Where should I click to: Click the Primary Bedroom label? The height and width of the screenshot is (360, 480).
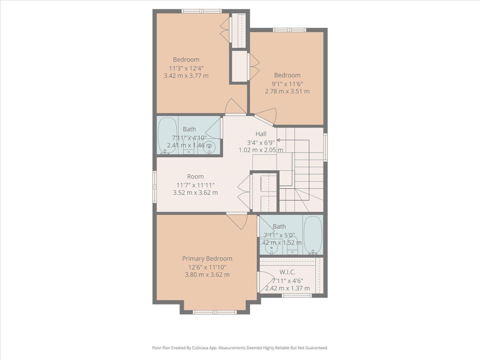207,259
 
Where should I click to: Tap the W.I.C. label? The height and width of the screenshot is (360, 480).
287,272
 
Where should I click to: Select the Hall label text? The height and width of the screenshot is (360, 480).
261,134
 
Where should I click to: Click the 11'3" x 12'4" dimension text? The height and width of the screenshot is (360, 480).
186,68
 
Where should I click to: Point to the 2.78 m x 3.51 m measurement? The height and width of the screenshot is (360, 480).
287,91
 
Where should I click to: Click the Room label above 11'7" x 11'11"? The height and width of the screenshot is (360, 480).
195,176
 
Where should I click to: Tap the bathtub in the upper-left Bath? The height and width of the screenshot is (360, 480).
167,135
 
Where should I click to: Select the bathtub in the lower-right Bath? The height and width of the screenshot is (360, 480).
313,235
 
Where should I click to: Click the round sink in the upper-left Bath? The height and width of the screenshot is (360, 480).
209,148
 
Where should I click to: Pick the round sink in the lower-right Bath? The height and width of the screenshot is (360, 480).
271,248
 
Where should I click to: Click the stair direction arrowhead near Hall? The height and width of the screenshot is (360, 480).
278,140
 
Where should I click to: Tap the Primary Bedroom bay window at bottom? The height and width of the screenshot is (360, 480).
215,312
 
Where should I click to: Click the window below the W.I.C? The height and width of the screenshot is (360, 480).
297,296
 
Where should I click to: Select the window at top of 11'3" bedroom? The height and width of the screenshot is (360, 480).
202,11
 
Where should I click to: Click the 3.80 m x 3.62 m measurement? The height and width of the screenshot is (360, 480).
207,274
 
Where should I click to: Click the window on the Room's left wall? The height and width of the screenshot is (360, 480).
154,187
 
